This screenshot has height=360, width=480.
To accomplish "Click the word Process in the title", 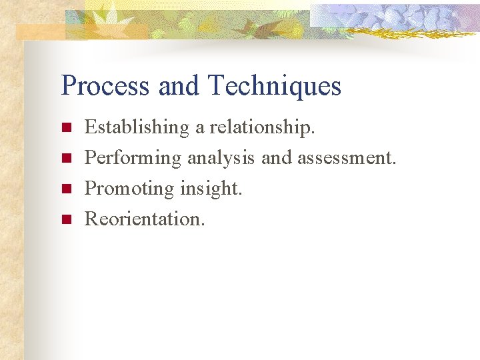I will pyautogui.click(x=105, y=86).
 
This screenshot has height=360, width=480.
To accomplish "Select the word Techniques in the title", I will pyautogui.click(x=274, y=86).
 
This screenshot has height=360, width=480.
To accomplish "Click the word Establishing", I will pyautogui.click(x=137, y=127).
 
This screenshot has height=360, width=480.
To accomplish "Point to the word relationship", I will pyautogui.click(x=263, y=127).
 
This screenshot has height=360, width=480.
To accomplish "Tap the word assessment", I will pyautogui.click(x=347, y=158).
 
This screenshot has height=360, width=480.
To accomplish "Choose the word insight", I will pyautogui.click(x=211, y=189).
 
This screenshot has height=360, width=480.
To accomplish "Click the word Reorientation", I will pyautogui.click(x=145, y=219).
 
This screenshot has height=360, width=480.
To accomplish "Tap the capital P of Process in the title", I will pyautogui.click(x=69, y=86).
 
